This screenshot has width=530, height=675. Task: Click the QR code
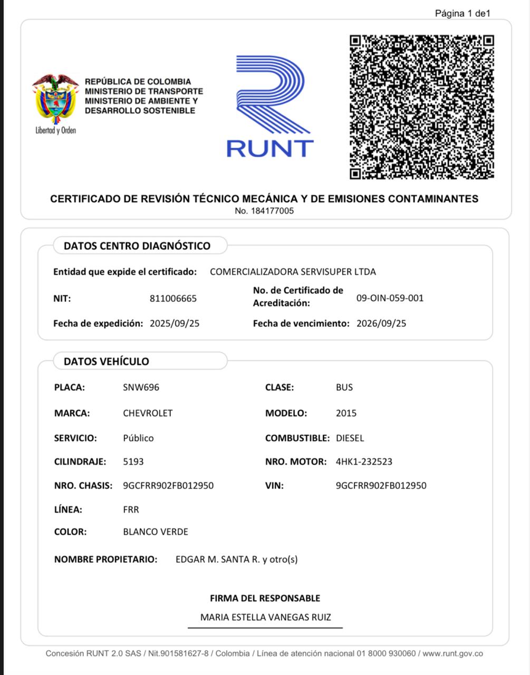coord(421,107)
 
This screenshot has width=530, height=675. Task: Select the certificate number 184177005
coord(264,211)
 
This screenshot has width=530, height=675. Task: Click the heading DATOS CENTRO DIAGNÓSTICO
coord(137,246)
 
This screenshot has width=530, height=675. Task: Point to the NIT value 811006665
coord(173,298)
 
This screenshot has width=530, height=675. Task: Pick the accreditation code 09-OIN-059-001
coord(390,298)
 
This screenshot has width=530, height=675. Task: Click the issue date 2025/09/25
coord(175,323)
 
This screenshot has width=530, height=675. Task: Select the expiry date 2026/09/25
coord(381,323)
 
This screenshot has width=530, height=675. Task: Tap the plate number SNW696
coord(141,387)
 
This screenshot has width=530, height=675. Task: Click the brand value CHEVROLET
coord(148,413)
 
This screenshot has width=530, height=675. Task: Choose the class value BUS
coord(344,387)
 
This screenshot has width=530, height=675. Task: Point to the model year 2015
coord(346,413)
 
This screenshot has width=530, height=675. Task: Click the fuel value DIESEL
coord(350,438)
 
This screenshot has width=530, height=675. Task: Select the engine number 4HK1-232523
coord(364,461)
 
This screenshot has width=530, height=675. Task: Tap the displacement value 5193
coord(133,461)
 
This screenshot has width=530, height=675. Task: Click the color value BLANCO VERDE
coord(156,532)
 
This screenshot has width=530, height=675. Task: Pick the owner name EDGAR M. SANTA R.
coord(218,559)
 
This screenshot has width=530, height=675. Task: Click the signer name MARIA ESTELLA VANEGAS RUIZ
coord(265,617)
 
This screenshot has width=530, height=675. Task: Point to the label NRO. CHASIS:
coord(83,485)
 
